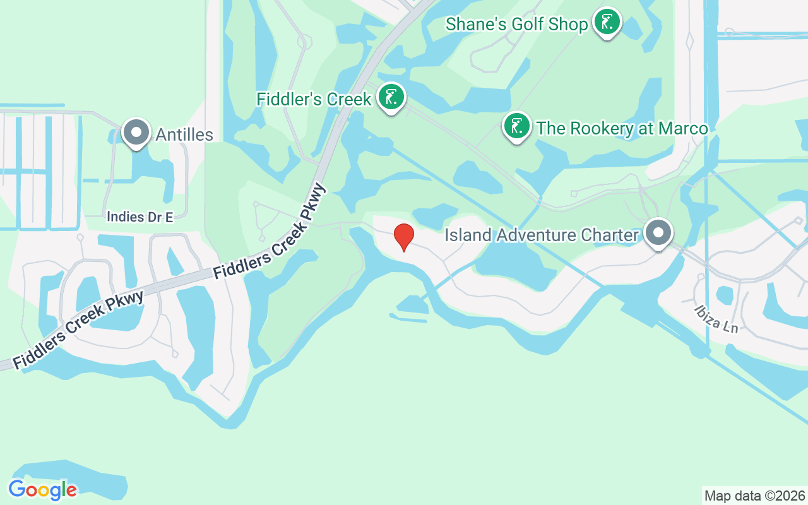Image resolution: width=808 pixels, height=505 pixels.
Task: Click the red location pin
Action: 404,237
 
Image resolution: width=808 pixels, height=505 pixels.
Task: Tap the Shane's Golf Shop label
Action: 516,25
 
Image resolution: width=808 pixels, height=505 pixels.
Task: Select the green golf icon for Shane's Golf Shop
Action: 607,23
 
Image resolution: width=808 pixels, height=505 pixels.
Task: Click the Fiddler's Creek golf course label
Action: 314,99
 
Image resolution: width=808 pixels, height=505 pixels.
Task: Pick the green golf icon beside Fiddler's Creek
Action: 391,98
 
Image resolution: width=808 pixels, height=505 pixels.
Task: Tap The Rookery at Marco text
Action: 622,128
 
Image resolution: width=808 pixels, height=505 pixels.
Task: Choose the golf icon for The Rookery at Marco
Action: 517,126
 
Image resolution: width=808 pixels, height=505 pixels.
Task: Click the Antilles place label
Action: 184,134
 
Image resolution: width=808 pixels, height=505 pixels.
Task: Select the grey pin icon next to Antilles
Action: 136,133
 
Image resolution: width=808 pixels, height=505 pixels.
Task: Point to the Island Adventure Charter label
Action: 542,235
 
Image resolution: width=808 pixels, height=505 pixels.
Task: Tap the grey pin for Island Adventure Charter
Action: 658,233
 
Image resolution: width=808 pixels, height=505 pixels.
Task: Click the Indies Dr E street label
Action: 140,217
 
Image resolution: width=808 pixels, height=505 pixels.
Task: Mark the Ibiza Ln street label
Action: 716,319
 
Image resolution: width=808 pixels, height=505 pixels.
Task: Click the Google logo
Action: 42,489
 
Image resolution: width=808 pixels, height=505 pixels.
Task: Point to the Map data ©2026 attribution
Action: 754,496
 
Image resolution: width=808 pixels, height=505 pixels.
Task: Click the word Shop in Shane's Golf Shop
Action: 571,25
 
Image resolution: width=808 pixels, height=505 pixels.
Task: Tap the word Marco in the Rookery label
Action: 683,128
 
